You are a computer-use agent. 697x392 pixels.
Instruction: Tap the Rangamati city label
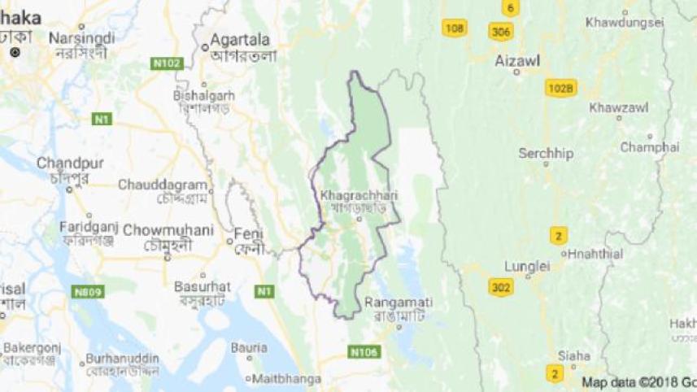[x=399, y=303]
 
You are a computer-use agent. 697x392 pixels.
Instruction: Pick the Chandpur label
[x=69, y=163]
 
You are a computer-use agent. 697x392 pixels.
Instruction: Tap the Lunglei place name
[x=527, y=266]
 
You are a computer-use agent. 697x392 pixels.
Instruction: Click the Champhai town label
[x=649, y=147]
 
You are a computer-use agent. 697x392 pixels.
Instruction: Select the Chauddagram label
[x=157, y=185]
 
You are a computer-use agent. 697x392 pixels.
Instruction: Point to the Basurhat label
[x=203, y=286]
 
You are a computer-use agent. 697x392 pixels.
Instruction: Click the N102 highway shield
[x=166, y=62]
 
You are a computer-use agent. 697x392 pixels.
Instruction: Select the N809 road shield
[x=87, y=290]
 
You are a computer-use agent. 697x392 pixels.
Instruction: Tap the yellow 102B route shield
[x=561, y=88]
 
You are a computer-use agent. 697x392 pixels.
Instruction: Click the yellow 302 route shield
[x=501, y=286]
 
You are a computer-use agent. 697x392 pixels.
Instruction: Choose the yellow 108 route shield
[x=455, y=28]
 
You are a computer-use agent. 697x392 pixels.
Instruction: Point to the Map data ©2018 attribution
[x=638, y=381]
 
